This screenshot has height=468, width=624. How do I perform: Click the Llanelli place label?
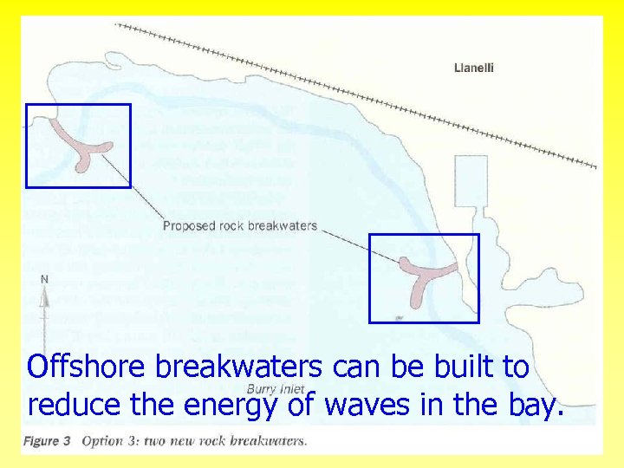click(474, 68)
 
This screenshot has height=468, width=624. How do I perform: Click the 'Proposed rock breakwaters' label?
click(240, 226)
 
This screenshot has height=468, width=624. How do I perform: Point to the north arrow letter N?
click(44, 279)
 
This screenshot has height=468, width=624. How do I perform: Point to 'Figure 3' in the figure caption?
click(47, 441)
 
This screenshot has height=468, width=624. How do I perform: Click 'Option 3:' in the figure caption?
click(108, 441)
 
